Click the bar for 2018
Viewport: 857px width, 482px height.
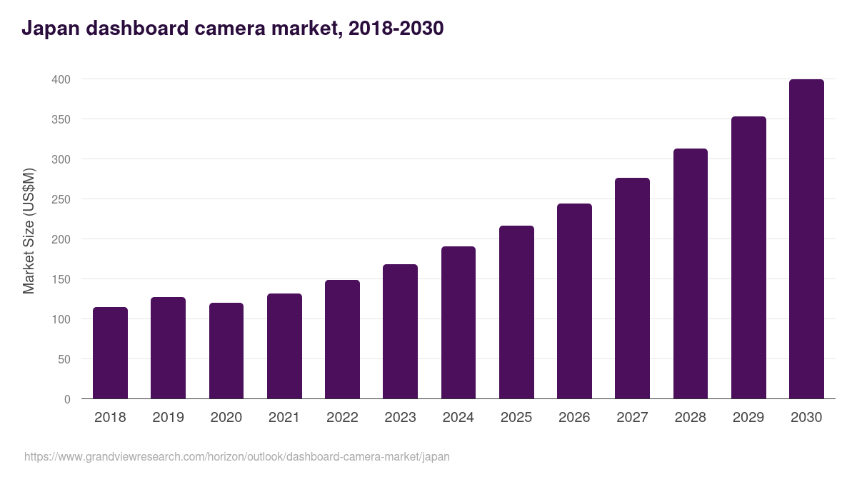(110, 353)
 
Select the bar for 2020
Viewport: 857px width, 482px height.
(226, 351)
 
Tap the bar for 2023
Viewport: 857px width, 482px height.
(400, 331)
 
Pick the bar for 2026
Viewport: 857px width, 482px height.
(574, 301)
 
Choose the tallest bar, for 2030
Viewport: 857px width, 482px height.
(806, 239)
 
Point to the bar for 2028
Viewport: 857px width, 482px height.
(690, 273)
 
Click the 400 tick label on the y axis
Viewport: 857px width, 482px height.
(61, 79)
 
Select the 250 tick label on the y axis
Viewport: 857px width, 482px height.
(61, 199)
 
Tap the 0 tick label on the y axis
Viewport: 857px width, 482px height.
(67, 399)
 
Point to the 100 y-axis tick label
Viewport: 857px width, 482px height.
(61, 319)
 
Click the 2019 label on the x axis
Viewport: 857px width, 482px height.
(168, 417)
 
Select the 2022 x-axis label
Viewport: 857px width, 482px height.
(342, 417)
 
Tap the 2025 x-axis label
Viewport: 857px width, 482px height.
(516, 417)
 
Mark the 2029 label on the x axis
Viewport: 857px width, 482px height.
(748, 417)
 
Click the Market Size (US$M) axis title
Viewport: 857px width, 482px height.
(29, 231)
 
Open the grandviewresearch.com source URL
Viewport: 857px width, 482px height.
(237, 456)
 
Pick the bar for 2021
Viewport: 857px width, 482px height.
(284, 346)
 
